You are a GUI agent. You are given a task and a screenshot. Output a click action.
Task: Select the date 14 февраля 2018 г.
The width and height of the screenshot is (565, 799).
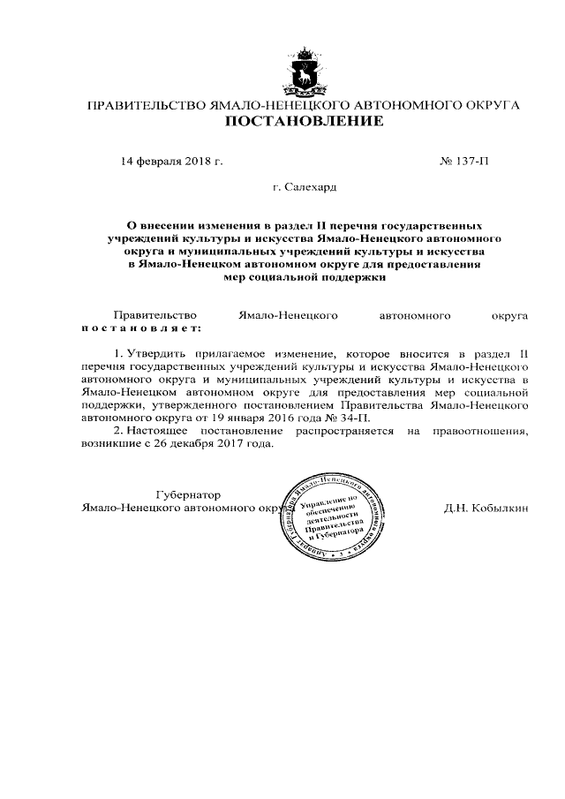coord(172,162)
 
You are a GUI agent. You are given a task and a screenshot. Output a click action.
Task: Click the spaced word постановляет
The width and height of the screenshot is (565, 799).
coord(140,327)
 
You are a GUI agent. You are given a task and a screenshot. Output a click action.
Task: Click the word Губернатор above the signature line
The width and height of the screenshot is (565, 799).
coord(188,494)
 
